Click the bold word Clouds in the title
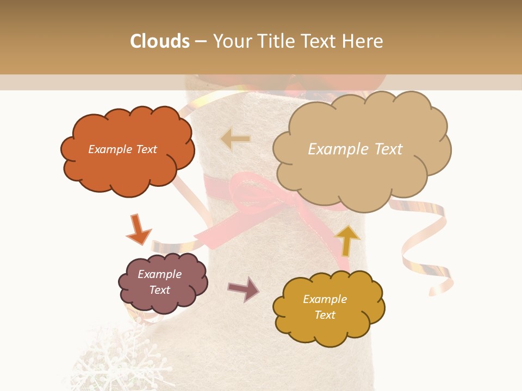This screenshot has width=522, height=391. tap(160, 41)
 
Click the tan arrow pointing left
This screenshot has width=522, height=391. tap(235, 139)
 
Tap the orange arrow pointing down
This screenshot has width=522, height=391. tap(138, 229)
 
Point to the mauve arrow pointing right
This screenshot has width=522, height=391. tap(244, 289)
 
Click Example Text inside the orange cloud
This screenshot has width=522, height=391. tap(122, 149)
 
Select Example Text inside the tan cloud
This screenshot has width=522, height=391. tap(355, 149)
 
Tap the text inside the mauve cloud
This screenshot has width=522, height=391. tap(159, 282)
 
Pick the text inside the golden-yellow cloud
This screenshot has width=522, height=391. tap(325, 307)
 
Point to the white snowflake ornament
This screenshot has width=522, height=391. tap(109, 358)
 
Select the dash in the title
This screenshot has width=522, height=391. tap(201, 41)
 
